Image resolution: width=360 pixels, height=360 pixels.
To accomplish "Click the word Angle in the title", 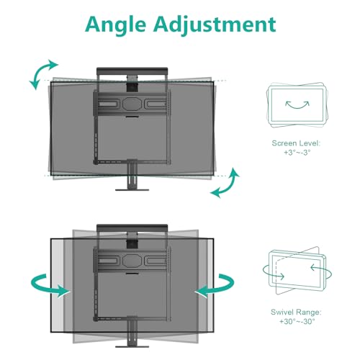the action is point(115,24).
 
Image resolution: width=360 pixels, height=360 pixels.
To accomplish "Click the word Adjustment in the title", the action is point(215,24).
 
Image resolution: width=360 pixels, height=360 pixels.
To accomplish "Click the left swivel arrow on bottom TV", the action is point(48,286).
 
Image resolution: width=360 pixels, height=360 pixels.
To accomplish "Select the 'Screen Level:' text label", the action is point(296,143).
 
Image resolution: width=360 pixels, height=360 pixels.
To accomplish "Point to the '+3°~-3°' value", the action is point(297,153).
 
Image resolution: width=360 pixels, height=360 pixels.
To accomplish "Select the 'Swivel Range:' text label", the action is point(296,312).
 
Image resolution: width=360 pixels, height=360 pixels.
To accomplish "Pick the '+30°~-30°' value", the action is point(297,321).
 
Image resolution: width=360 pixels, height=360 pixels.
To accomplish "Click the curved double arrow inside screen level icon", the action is point(297,106).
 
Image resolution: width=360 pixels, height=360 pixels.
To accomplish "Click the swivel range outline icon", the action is point(297,271).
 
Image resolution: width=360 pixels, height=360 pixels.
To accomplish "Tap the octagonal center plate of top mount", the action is point(132,104).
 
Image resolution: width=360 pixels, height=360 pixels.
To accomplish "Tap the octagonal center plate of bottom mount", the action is point(132,260).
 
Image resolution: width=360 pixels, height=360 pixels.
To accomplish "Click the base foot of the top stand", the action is point(132,190).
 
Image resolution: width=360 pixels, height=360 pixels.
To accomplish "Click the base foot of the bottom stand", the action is point(132,346).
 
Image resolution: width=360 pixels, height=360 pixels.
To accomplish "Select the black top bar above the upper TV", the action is point(132,71).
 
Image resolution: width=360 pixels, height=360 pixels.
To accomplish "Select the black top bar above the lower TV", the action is point(132,228).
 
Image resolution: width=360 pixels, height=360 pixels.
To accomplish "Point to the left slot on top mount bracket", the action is point(109,104).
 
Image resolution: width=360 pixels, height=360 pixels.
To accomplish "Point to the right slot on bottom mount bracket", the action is point(156,261).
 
